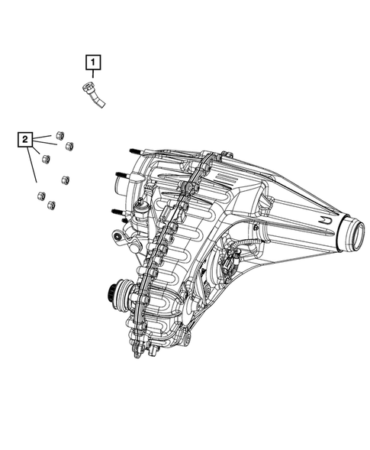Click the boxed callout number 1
point(93,62)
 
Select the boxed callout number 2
point(25,140)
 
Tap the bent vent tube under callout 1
point(93,95)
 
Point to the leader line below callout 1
point(93,74)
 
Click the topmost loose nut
point(60,135)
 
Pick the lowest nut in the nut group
point(51,205)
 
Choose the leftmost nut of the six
point(41,196)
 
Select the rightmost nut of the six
point(69,146)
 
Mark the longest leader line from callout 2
point(32,165)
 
